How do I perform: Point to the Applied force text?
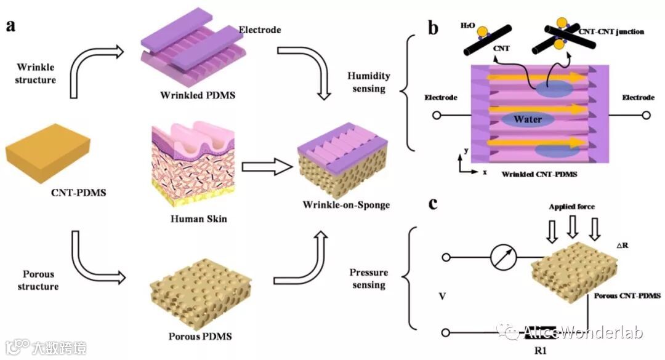572,207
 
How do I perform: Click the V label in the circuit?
441,297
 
